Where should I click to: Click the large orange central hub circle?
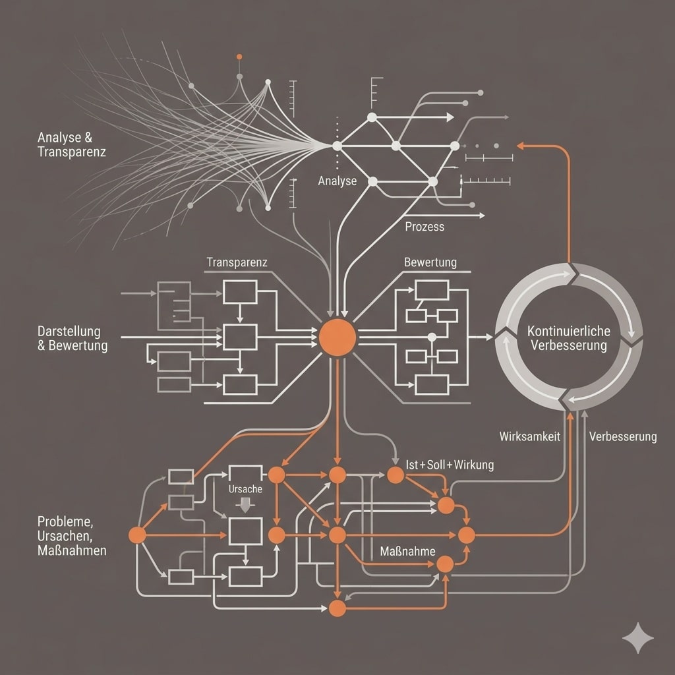(x=337, y=337)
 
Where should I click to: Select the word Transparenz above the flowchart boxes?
(x=237, y=262)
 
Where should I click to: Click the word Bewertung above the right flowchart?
(x=430, y=262)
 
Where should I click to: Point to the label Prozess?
(x=424, y=227)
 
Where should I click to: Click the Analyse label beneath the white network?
(x=337, y=181)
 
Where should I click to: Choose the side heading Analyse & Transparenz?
(x=72, y=144)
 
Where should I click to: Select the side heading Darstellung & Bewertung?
(x=73, y=338)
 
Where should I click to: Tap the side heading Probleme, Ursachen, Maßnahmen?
(x=72, y=535)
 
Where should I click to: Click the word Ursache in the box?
(x=245, y=489)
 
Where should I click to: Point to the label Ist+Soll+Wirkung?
(x=450, y=465)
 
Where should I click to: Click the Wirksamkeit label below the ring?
(x=530, y=436)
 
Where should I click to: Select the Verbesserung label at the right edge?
(x=622, y=436)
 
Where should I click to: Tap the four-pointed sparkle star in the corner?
(x=638, y=638)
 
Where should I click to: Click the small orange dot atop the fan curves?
(x=239, y=57)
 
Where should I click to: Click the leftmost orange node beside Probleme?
(x=137, y=535)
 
